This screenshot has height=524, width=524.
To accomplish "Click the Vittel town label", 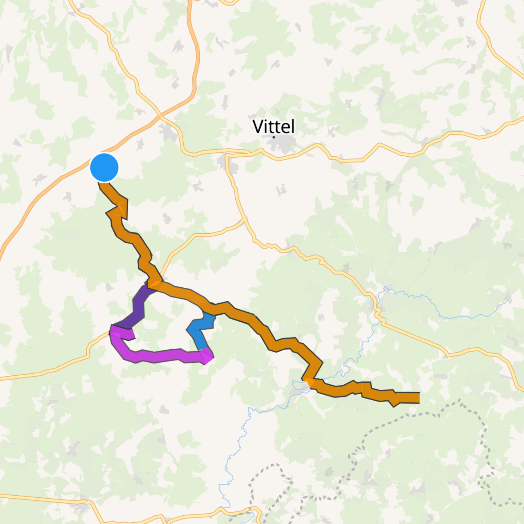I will pos(273,126).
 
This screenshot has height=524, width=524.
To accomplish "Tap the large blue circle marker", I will pos(104,167).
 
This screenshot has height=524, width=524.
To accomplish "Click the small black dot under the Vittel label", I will pos(274,137).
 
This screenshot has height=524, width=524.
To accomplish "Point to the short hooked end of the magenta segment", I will pos(130,334).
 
